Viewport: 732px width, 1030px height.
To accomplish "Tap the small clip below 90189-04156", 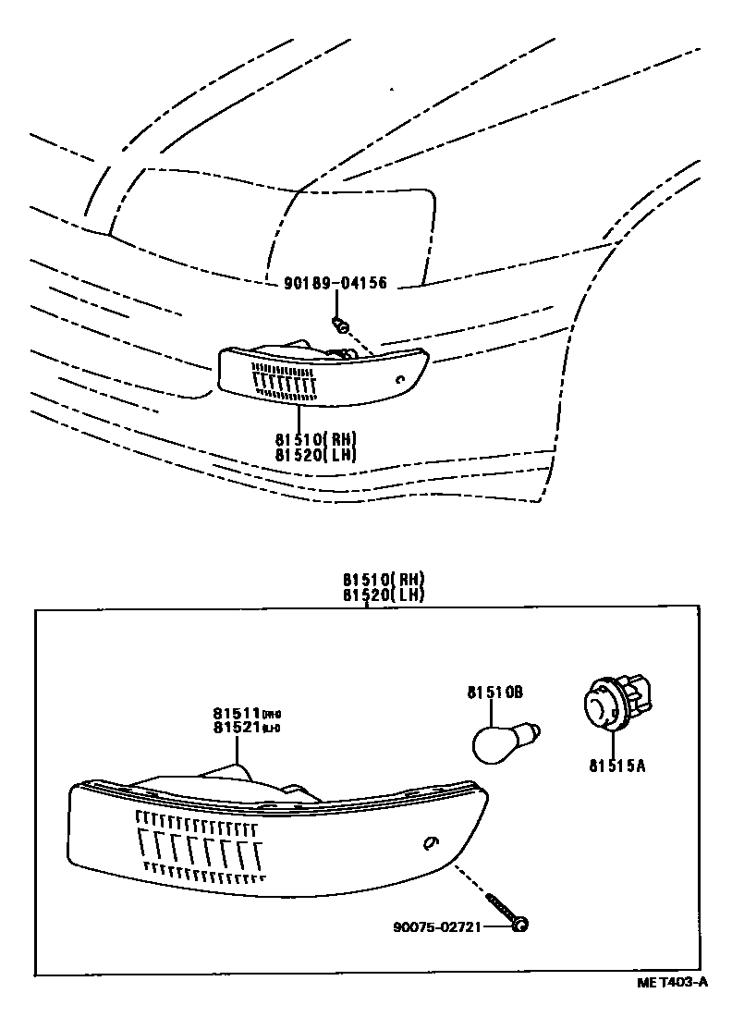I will pyautogui.click(x=339, y=324).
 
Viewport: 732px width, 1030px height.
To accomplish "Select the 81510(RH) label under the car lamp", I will pyautogui.click(x=315, y=438).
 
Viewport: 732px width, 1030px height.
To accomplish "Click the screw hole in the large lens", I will pyautogui.click(x=430, y=842).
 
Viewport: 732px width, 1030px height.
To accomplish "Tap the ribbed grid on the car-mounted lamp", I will pyautogui.click(x=284, y=381).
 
